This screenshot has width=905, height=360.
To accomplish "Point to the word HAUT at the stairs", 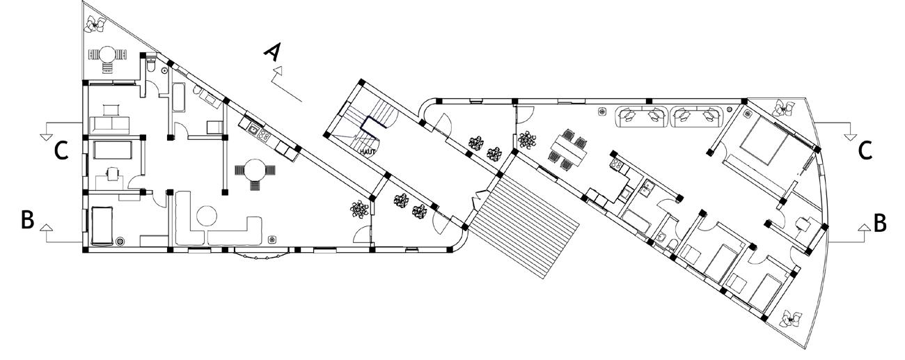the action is (368, 151).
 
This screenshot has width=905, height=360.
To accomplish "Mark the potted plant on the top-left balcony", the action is (93, 24).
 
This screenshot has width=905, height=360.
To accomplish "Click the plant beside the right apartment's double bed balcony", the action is (786, 109).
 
